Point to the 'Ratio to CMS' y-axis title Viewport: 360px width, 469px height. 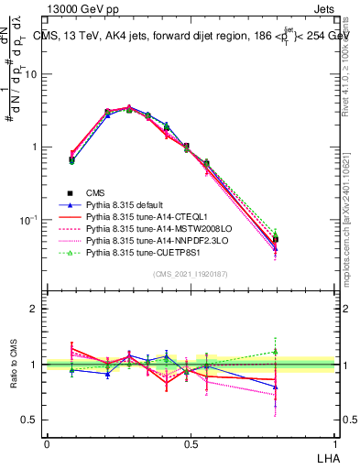pos(15,364)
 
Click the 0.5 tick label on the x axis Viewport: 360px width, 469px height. pos(191,442)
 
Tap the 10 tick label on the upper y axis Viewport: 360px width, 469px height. pos(32,75)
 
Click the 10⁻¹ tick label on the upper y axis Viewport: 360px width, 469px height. pos(30,220)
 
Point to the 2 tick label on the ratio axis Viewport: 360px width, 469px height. pos(34,309)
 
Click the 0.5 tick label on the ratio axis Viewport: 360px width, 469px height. pos(30,420)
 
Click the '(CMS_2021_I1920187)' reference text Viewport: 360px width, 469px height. pos(190,275)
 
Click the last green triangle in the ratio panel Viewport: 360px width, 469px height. pos(277,351)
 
